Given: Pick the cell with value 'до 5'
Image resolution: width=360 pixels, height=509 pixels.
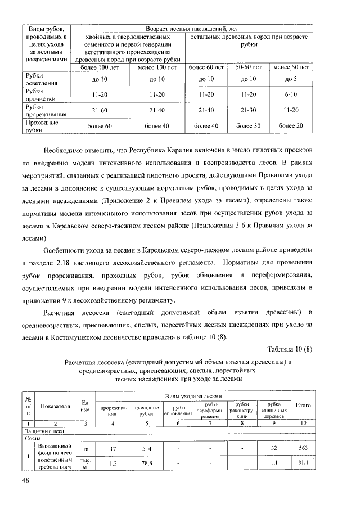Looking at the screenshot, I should click(x=291, y=79).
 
